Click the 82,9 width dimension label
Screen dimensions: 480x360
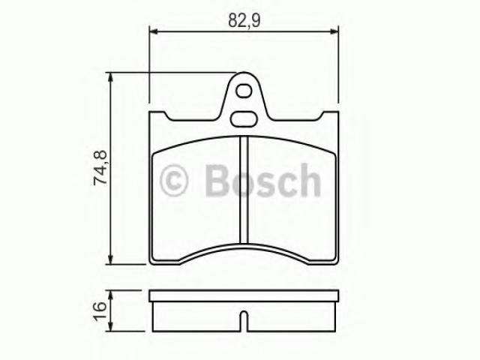coord(244,21)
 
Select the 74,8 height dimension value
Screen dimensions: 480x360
coord(100,167)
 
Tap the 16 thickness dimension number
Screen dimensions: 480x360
coord(100,311)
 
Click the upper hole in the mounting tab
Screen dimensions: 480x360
coord(244,91)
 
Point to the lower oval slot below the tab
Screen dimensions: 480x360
coord(244,119)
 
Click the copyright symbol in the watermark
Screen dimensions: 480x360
coord(173,180)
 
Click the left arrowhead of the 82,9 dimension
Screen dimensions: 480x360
coord(153,31)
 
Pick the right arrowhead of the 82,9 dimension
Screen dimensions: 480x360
coord(334,31)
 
